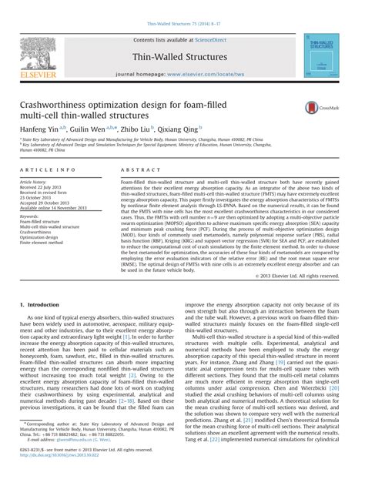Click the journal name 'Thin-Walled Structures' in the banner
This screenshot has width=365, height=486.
click(x=182, y=56)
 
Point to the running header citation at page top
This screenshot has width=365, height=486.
click(x=182, y=5)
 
